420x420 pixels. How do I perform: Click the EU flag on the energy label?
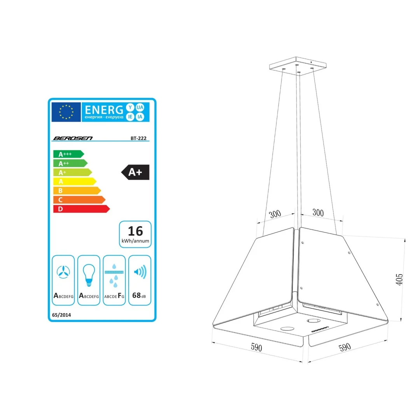66,112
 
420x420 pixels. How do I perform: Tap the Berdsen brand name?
73,138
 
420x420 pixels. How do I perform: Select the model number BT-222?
138,138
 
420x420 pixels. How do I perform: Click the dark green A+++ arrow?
68,154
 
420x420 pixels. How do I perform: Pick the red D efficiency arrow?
81,209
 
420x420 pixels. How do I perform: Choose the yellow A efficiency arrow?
75,182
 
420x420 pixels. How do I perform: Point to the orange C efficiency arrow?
79,200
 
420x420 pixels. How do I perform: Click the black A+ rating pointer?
135,172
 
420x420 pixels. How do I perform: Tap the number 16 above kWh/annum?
136,231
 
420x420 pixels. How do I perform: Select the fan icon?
63,272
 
